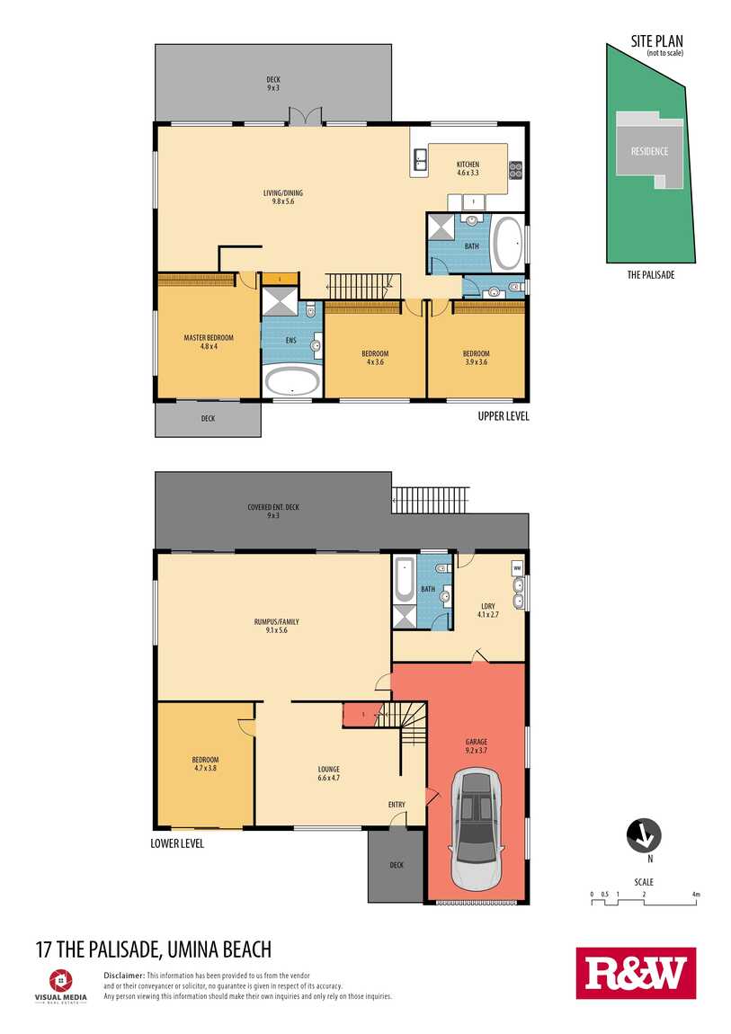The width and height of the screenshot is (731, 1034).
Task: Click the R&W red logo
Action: coord(635,974)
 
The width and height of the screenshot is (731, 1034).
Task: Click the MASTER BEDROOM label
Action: coord(209,343)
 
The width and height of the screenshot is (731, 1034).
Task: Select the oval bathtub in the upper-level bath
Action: coord(508,244)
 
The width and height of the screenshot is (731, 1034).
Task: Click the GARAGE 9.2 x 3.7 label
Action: coord(476,746)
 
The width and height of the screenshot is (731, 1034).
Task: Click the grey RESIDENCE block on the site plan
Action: coord(648,149)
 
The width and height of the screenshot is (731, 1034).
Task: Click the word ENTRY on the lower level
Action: coord(397,805)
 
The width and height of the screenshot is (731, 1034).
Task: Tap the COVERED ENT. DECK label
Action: coord(274,511)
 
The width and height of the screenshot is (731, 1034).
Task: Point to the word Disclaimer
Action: coord(124,975)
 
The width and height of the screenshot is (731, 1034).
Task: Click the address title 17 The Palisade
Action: coord(153,949)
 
